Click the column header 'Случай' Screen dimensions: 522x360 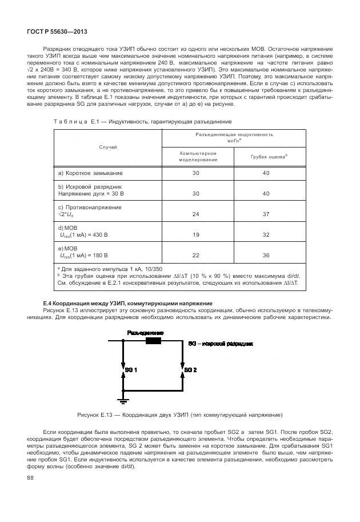107,147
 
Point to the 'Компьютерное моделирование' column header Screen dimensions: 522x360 198,156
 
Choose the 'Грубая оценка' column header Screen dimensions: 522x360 269,156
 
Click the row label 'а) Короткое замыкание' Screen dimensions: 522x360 90,173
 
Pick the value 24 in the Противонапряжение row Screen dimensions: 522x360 196,214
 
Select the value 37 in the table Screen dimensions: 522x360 266,214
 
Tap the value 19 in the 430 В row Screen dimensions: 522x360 196,235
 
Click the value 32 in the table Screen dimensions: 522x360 266,235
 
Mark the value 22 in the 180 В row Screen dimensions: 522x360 196,255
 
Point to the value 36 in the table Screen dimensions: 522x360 266,255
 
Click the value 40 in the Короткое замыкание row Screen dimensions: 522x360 266,173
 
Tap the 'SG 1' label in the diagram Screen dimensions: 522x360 131,370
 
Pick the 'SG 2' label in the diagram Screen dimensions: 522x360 190,370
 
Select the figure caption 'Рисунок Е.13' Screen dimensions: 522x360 179,415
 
